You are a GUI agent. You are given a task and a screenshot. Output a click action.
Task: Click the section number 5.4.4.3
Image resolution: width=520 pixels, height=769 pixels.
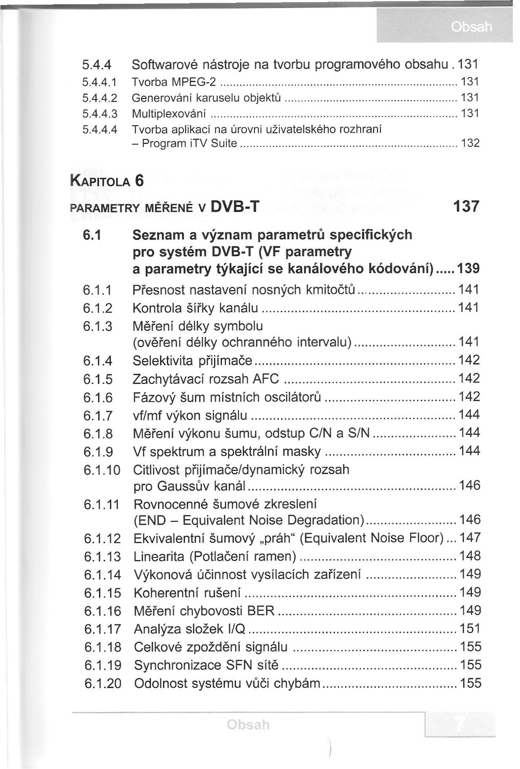99,114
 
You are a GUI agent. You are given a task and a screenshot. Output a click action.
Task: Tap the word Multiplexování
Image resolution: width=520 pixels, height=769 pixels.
169,114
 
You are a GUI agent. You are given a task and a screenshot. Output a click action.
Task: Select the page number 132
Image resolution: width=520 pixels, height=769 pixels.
471,143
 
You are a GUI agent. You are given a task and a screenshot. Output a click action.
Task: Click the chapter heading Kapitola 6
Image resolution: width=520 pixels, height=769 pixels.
107,181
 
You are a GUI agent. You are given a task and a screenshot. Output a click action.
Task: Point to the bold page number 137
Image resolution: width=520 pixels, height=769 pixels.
466,206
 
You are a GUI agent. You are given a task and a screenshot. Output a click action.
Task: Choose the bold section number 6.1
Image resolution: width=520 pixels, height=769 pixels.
92,235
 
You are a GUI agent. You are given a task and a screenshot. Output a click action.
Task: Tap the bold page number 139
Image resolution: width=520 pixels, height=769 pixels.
468,269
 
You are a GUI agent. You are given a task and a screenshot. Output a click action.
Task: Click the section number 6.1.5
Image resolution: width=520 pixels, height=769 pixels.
98,379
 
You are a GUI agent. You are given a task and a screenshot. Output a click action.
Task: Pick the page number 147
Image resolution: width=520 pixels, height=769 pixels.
470,538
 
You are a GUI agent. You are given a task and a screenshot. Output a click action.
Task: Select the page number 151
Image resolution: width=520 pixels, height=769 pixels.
470,629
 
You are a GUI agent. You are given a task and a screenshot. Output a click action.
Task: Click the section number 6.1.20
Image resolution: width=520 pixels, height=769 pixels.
103,683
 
